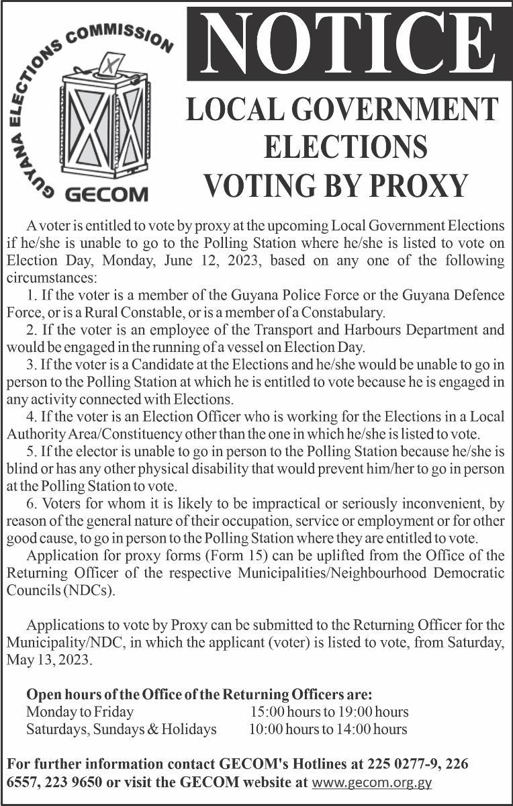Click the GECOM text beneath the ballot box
point(106,195)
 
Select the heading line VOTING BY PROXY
point(336,185)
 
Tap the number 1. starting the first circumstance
point(32,295)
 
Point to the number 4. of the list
point(32,417)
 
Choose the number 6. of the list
point(32,504)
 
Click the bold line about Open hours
point(199,694)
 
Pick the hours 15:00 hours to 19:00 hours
point(329,711)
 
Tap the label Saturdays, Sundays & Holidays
point(121,729)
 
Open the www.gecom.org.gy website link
point(372,782)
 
